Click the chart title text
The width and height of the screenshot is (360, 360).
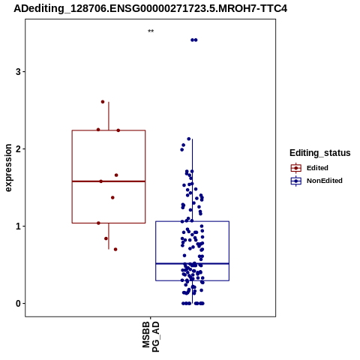point(150,8)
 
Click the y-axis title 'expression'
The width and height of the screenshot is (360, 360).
point(8,168)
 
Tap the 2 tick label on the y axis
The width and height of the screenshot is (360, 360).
point(18,149)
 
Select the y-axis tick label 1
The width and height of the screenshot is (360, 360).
point(18,226)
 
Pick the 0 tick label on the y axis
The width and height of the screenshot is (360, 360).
point(18,304)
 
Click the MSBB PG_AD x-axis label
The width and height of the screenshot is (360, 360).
point(151,337)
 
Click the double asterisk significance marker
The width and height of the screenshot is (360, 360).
point(151,31)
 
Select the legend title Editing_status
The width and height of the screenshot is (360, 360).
point(320,153)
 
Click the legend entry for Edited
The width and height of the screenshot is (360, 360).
point(310,168)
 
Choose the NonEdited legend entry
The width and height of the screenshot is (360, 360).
point(316,181)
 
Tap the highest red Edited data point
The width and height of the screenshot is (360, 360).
point(103,102)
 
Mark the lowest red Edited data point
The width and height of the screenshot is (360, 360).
point(115,249)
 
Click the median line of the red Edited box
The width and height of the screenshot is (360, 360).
point(109,181)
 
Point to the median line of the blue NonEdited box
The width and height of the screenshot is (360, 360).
point(193,263)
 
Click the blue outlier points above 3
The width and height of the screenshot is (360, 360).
point(194,40)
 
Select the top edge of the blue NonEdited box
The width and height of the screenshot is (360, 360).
point(193,221)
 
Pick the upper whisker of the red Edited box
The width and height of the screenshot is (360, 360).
point(109,116)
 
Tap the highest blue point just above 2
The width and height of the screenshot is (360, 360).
point(189,139)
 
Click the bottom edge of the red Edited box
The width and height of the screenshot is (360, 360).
point(109,223)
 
